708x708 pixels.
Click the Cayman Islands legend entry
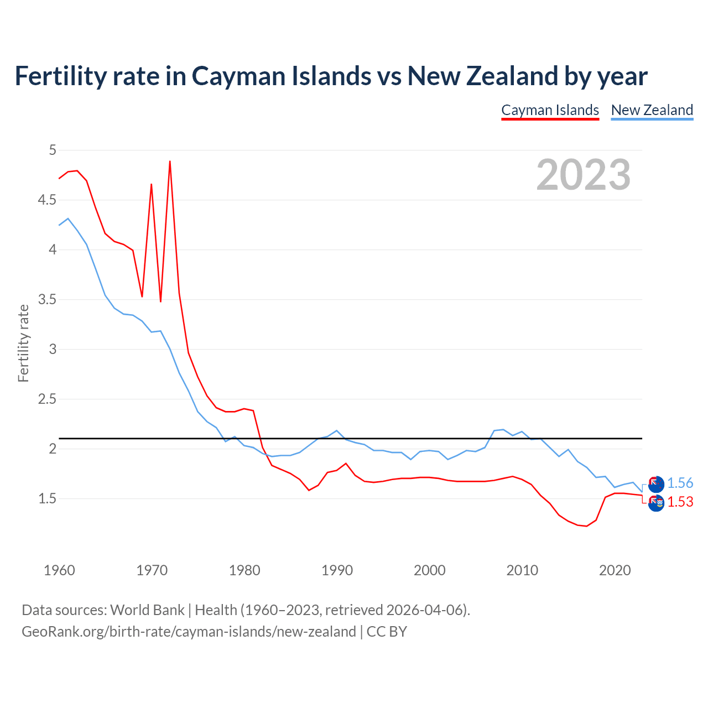pyautogui.click(x=550, y=110)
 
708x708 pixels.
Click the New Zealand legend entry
pyautogui.click(x=652, y=110)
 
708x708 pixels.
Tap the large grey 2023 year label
pyautogui.click(x=583, y=175)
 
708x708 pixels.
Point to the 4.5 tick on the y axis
pyautogui.click(x=47, y=200)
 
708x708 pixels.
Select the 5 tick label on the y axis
pyautogui.click(x=53, y=150)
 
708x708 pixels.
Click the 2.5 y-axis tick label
pyautogui.click(x=47, y=399)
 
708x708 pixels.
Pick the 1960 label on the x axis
pyautogui.click(x=59, y=570)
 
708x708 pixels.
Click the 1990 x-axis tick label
pyautogui.click(x=337, y=570)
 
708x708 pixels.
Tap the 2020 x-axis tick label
pyautogui.click(x=615, y=570)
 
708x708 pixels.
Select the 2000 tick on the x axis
pyautogui.click(x=429, y=570)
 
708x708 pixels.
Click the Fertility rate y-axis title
pyautogui.click(x=23, y=343)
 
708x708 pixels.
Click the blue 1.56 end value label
pyautogui.click(x=680, y=483)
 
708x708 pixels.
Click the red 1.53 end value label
pyautogui.click(x=680, y=502)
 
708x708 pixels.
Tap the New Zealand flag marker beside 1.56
pyautogui.click(x=656, y=483)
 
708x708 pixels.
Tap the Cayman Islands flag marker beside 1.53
pyautogui.click(x=656, y=503)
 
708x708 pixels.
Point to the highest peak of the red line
pyautogui.click(x=170, y=162)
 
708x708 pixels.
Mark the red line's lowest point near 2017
pyautogui.click(x=586, y=526)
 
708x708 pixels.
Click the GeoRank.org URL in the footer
pyautogui.click(x=189, y=632)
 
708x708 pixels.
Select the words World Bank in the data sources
pyautogui.click(x=147, y=610)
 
